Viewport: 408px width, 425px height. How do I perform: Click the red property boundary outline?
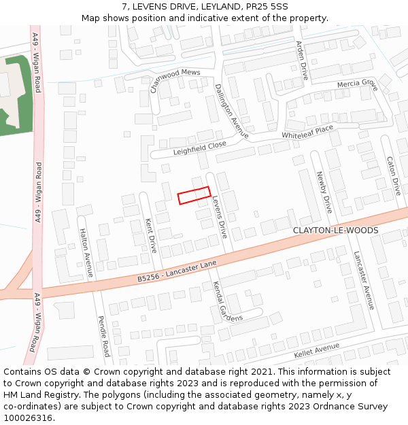tap(194, 195)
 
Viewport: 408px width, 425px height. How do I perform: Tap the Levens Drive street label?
tap(219, 217)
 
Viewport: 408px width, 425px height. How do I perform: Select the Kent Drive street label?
tap(151, 235)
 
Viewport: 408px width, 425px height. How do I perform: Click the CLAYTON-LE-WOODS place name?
tap(335, 231)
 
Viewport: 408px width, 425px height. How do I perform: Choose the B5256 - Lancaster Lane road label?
tap(177, 271)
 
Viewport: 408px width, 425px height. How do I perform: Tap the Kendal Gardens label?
tap(227, 301)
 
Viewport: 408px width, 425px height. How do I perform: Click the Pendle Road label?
tap(103, 336)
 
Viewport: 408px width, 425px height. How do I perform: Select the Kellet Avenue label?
tap(316, 351)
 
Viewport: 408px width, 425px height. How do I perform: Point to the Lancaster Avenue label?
tap(363, 280)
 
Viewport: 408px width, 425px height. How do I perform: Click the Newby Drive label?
tap(323, 192)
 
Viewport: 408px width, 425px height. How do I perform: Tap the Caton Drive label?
tap(393, 176)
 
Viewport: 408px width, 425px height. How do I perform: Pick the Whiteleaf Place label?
tap(307, 131)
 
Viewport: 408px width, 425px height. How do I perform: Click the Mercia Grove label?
tap(357, 84)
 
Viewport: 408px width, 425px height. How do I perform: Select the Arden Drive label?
tap(301, 60)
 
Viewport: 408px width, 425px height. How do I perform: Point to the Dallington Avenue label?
tap(231, 111)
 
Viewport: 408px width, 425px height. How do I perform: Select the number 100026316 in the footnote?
tap(27, 418)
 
